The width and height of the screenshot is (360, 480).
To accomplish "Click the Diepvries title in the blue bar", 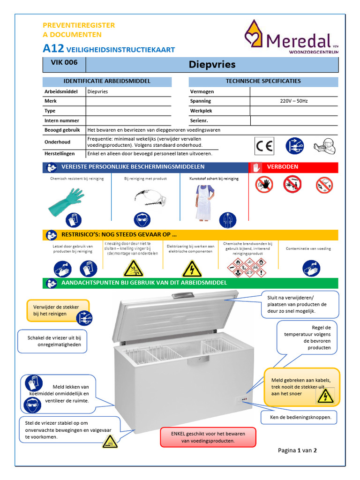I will pyautogui.click(x=212, y=64).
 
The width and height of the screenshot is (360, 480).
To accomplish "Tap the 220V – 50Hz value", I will pyautogui.click(x=293, y=101).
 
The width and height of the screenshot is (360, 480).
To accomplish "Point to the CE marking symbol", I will pyautogui.click(x=264, y=146).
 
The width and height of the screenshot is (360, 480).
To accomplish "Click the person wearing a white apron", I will pyautogui.click(x=204, y=202).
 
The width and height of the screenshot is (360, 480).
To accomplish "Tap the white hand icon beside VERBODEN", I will pyautogui.click(x=256, y=167).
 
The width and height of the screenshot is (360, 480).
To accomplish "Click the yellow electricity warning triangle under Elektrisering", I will pyautogui.click(x=191, y=269).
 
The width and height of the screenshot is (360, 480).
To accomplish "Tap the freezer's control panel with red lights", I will pyautogui.click(x=242, y=400).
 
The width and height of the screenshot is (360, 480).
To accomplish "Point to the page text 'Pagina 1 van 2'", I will pyautogui.click(x=297, y=450).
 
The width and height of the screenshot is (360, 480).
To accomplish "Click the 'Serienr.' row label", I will pyautogui.click(x=199, y=120).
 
